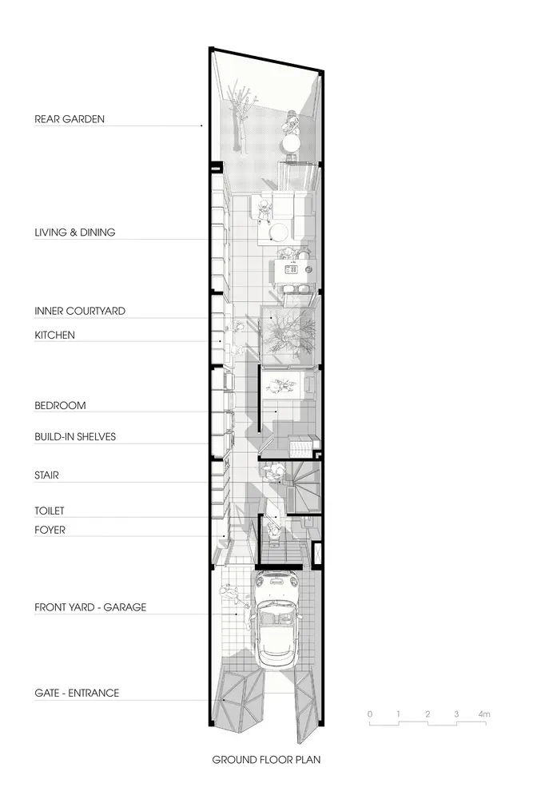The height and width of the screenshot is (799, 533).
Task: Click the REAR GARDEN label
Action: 70,119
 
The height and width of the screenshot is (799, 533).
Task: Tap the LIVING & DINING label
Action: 75,233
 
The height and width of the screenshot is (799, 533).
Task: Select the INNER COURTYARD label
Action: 79,311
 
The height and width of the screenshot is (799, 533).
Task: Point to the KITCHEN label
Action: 54,335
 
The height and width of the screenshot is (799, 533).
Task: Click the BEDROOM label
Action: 60,406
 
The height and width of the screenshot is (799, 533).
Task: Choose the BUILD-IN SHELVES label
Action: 75,437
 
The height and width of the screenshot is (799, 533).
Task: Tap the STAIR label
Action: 46,475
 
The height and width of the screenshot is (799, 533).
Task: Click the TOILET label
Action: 50,511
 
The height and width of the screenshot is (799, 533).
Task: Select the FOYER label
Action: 50,530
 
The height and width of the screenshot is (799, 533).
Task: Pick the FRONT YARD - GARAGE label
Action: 90,607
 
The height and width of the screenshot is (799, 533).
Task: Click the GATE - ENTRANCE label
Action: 77,693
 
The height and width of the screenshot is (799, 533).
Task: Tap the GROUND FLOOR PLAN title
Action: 266,760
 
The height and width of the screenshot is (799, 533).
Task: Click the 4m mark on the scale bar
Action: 484,714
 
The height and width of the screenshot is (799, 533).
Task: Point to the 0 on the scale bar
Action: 370,714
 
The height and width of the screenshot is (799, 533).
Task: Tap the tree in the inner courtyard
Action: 287,334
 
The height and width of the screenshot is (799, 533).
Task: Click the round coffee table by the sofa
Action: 279,233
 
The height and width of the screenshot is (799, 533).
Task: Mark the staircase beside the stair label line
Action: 303,487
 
